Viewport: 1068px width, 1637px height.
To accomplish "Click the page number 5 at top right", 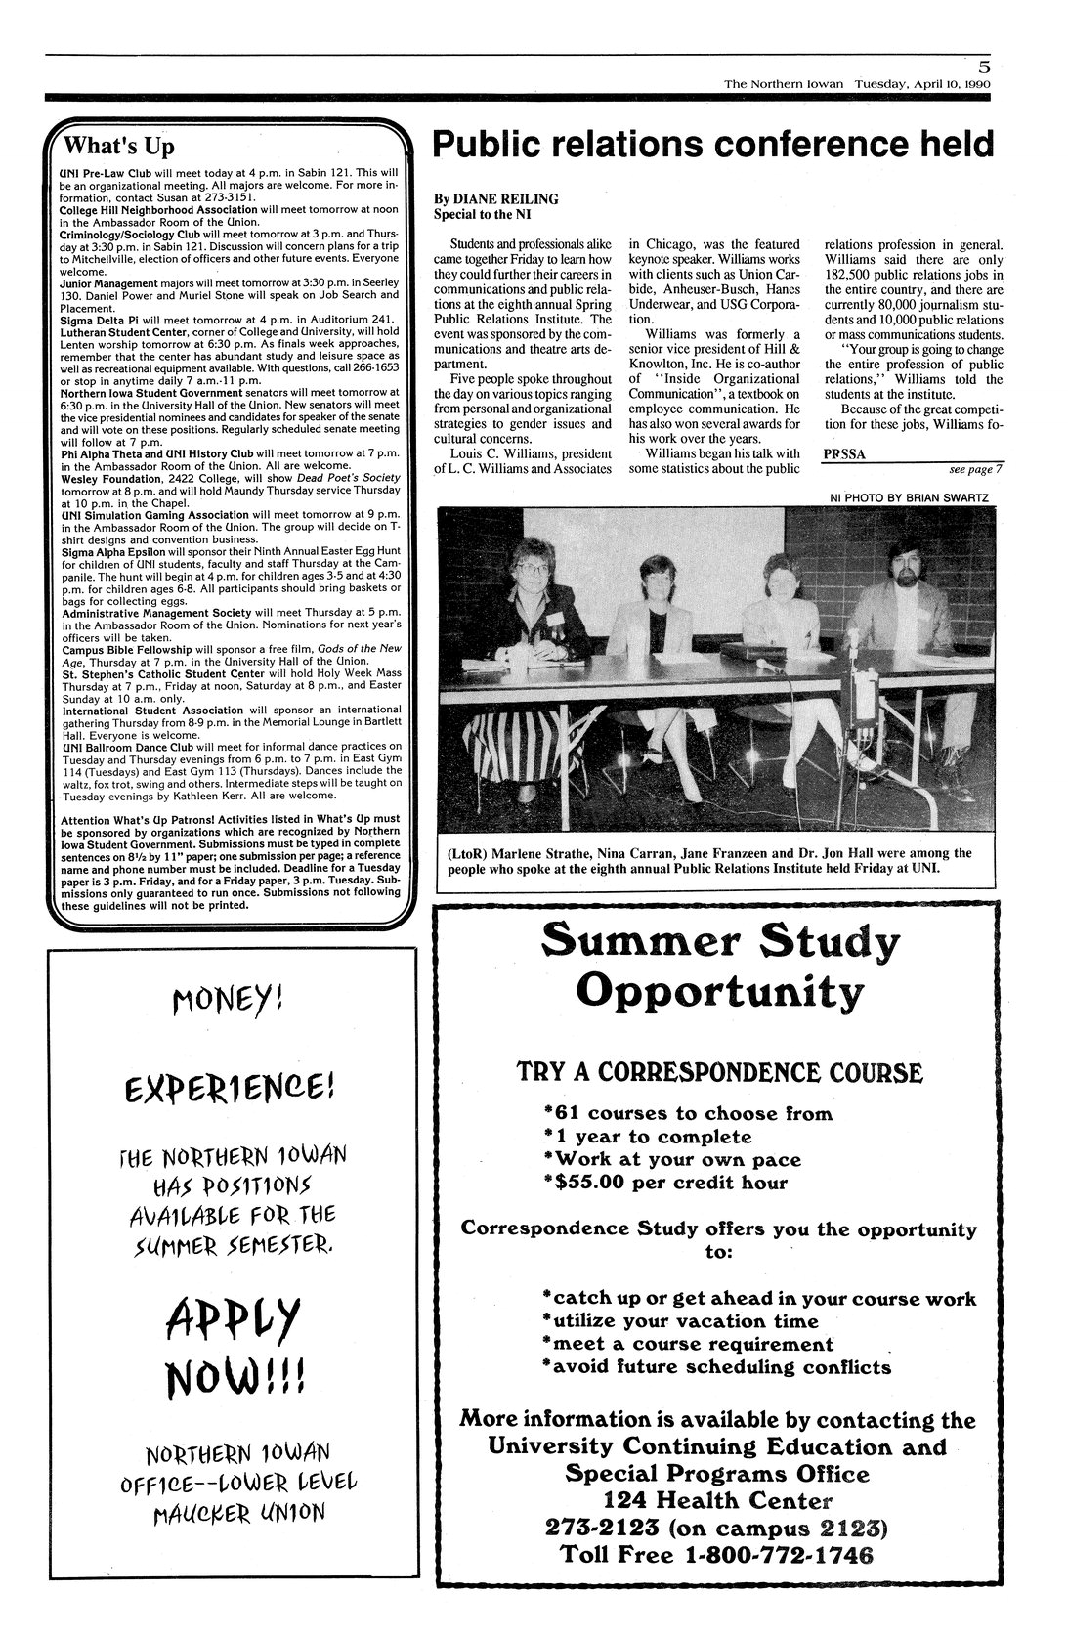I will (983, 67).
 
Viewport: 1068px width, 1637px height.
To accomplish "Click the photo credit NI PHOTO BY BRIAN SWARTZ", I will (909, 497).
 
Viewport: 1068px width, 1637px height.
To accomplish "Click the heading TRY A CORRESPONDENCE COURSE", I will (718, 1072).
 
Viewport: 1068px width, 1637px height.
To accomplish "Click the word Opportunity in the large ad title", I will (719, 994).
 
